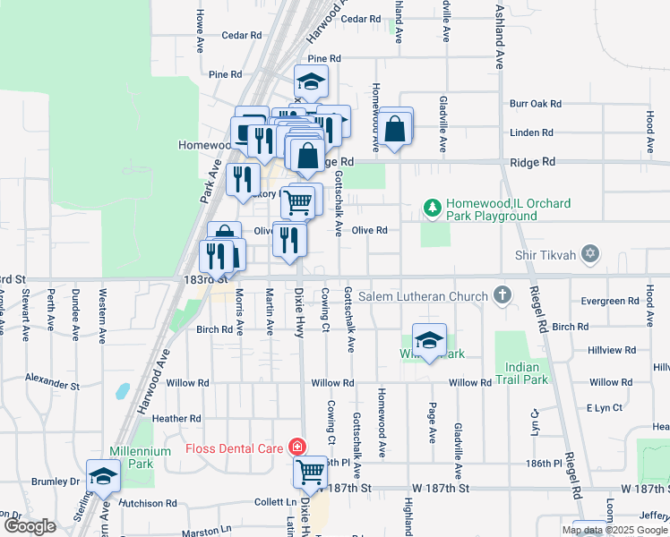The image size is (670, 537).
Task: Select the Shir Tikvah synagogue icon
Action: [x=588, y=255]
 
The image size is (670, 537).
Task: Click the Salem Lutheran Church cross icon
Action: [x=502, y=295]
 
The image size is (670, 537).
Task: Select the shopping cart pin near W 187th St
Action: [x=310, y=471]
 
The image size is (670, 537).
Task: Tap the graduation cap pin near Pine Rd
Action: [x=312, y=83]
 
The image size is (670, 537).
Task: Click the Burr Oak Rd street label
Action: [x=536, y=104]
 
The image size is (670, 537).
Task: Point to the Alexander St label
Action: [x=54, y=379]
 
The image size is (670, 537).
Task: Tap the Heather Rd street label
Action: [x=176, y=418]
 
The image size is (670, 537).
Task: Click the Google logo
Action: [x=30, y=525]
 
